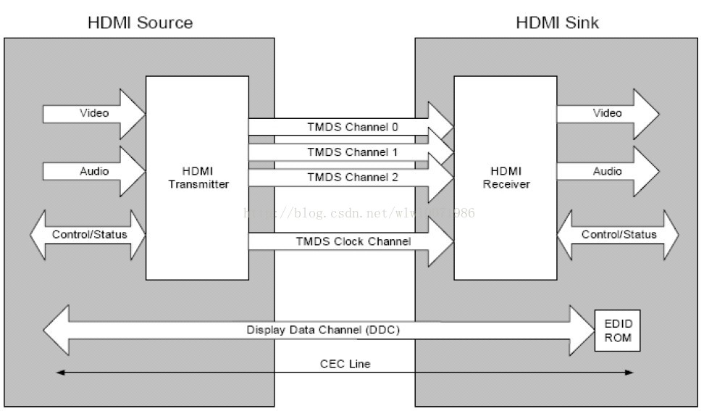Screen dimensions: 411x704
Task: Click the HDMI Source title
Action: (x=140, y=22)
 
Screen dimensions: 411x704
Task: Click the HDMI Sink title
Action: (x=557, y=22)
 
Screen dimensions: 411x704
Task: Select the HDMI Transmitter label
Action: (x=198, y=178)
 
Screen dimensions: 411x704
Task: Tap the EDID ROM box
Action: (x=618, y=330)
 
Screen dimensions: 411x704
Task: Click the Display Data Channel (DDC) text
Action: (x=323, y=330)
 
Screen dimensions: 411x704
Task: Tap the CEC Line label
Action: (x=345, y=364)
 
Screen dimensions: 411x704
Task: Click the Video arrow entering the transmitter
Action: (x=94, y=114)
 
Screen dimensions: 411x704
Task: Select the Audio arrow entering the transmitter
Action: (x=94, y=172)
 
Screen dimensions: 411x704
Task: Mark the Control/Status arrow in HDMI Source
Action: (x=88, y=235)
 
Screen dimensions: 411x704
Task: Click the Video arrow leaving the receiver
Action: (x=607, y=114)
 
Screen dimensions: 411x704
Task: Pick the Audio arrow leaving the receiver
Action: (x=607, y=172)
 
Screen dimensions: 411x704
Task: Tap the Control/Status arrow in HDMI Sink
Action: (x=618, y=235)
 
